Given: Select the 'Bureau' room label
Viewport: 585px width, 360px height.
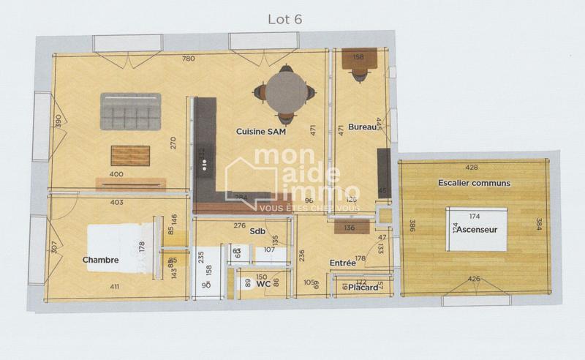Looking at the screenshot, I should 361,127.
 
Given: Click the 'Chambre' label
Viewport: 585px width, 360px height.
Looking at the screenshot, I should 100,260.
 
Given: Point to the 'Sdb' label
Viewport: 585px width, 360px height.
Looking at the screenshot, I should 257,230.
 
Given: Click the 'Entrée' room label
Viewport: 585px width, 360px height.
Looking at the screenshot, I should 343,262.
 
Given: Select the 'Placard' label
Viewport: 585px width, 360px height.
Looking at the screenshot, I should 363,288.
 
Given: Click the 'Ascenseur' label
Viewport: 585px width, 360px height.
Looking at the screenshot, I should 477,230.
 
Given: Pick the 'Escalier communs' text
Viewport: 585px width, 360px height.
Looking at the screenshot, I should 474,182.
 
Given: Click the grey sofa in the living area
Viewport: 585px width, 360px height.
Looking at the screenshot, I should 131,111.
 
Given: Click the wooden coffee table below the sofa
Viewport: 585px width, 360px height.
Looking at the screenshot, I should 130,155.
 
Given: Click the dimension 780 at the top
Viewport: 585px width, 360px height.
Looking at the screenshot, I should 188,59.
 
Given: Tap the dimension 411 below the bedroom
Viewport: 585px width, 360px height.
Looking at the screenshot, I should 115,287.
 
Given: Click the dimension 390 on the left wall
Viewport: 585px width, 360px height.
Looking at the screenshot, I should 58,119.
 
